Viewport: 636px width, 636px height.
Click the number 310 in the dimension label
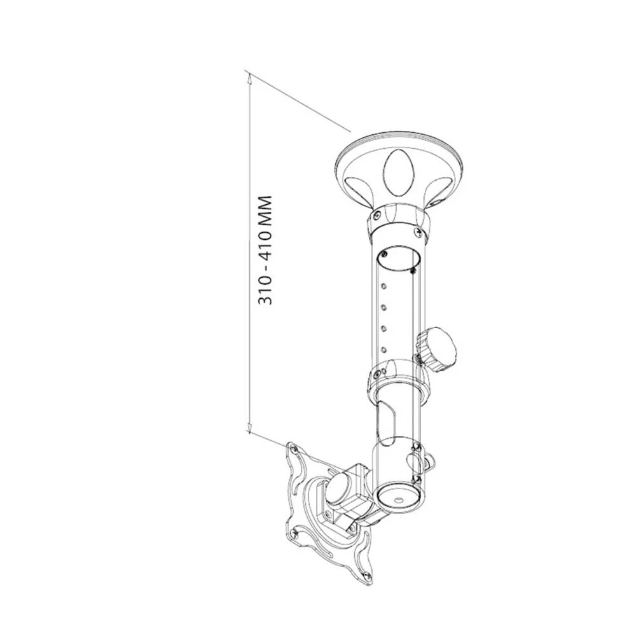coord(266,292)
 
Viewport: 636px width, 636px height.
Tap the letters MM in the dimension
coord(266,211)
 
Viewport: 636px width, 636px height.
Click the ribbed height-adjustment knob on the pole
coord(437,349)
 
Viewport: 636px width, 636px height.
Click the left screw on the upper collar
coord(377,215)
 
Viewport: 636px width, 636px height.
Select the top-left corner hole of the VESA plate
coord(294,450)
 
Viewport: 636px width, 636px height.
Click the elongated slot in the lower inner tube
coord(385,423)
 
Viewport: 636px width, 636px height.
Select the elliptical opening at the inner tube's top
coord(398,258)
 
